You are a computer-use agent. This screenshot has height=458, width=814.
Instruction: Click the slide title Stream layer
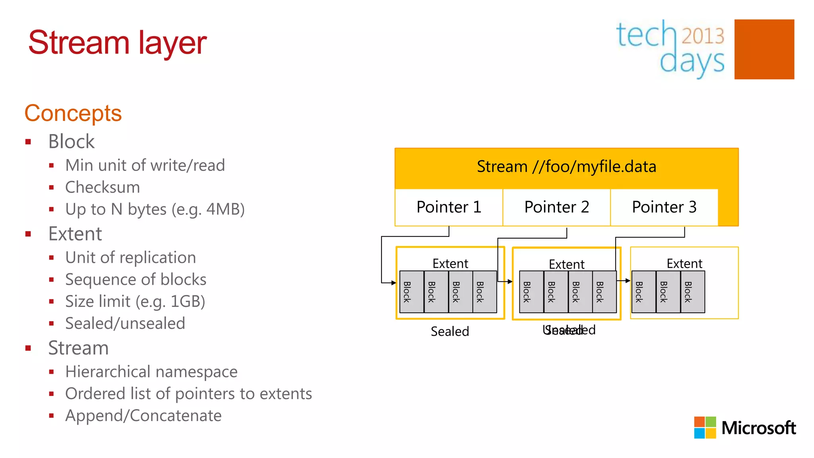click(117, 43)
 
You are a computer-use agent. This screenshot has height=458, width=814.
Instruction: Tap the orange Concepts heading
click(73, 113)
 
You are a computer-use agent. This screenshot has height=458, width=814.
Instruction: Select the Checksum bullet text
click(103, 187)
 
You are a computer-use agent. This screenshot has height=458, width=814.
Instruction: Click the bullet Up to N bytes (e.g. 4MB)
click(155, 209)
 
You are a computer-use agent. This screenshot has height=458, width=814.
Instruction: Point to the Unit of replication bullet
click(130, 258)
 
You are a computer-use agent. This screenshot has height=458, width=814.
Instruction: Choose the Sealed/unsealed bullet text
click(125, 323)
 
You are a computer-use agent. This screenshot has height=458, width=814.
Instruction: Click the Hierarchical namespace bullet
click(151, 372)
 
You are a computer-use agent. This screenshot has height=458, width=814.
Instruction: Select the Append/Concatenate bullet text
click(143, 415)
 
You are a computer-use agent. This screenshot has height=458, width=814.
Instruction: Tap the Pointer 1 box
click(449, 207)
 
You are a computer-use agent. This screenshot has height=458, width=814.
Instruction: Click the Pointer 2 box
click(556, 207)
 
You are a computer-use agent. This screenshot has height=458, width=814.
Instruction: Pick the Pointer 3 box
click(664, 207)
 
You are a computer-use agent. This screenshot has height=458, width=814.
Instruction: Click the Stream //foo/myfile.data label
click(566, 167)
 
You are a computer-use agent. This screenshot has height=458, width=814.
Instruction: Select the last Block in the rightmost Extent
click(692, 292)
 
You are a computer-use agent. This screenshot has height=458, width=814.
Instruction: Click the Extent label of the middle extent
click(566, 264)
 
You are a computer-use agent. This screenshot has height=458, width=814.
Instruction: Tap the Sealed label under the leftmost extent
click(450, 331)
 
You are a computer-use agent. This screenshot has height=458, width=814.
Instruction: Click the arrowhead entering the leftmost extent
click(393, 283)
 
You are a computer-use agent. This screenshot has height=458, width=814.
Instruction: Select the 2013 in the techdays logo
click(703, 36)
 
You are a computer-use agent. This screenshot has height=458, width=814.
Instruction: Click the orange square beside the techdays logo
click(764, 49)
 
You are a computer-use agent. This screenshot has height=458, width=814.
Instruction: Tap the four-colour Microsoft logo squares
click(705, 427)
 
